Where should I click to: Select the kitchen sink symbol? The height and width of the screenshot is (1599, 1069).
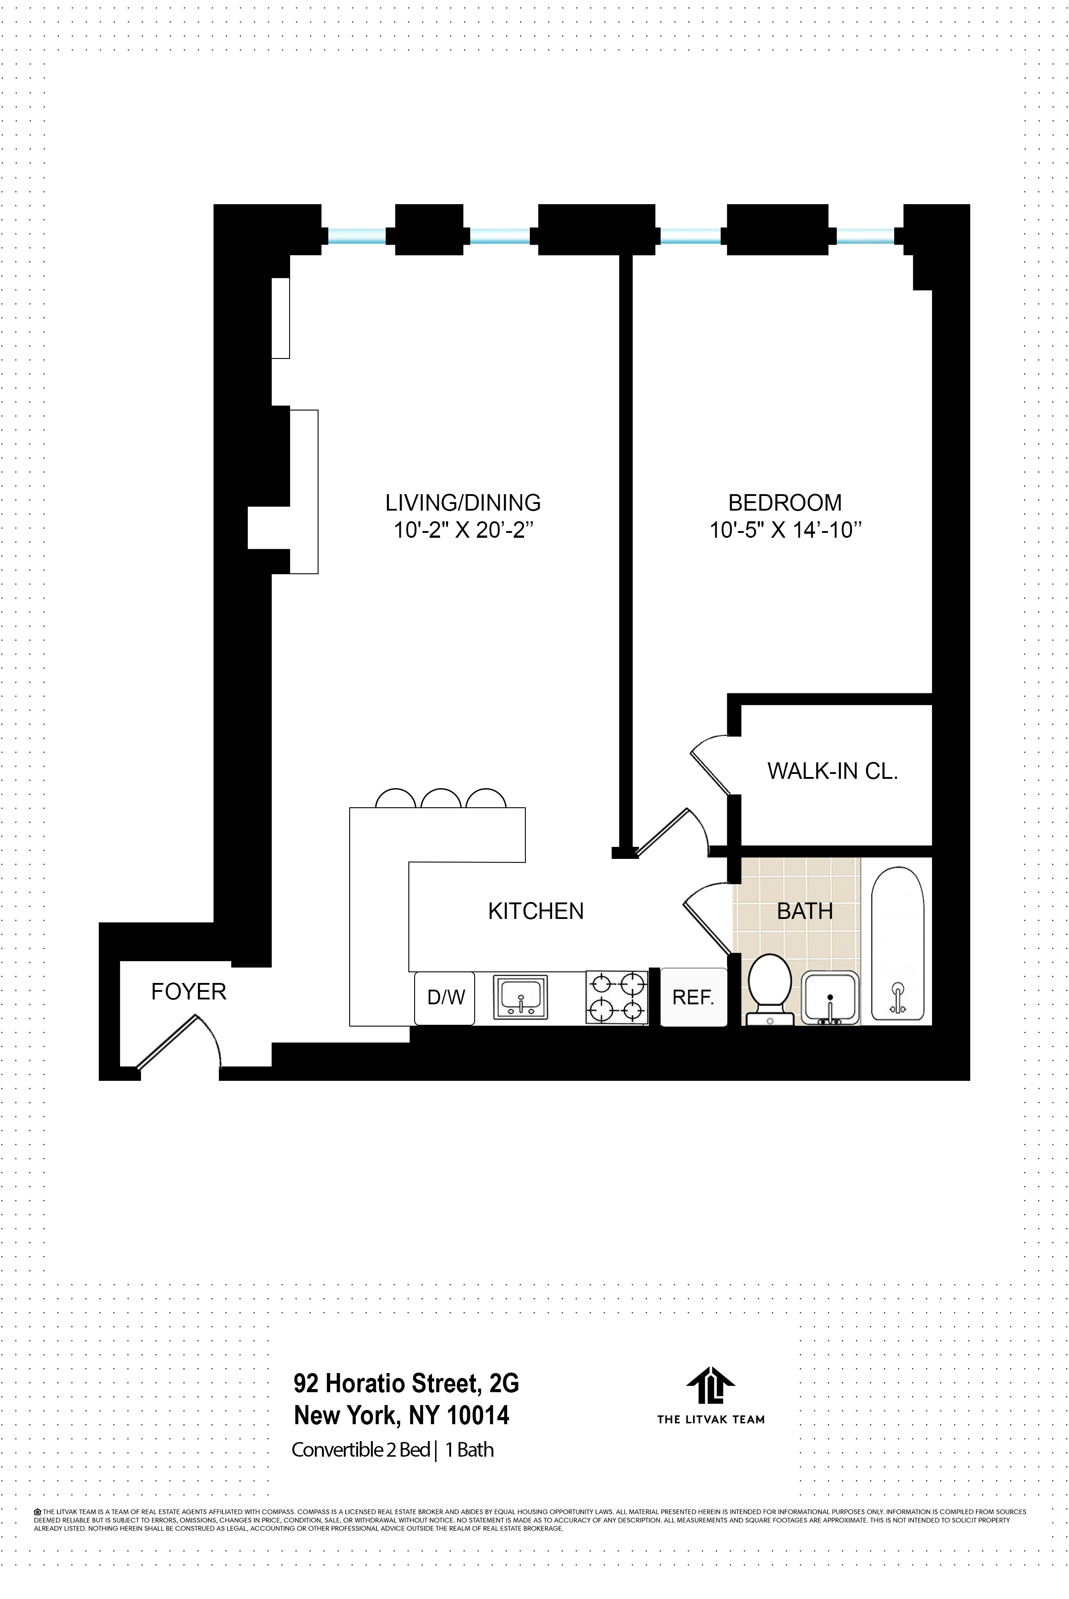pyautogui.click(x=520, y=997)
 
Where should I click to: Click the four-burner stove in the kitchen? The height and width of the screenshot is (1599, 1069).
pyautogui.click(x=616, y=998)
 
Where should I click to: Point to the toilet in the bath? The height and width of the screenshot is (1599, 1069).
pyautogui.click(x=770, y=987)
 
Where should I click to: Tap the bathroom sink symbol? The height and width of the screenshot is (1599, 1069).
pyautogui.click(x=830, y=998)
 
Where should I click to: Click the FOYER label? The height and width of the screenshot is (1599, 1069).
pyautogui.click(x=188, y=992)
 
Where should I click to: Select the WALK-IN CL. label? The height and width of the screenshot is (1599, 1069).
pyautogui.click(x=832, y=771)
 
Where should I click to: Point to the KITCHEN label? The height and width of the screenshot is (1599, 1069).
pyautogui.click(x=536, y=911)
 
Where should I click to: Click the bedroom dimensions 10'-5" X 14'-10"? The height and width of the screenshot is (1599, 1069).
pyautogui.click(x=785, y=530)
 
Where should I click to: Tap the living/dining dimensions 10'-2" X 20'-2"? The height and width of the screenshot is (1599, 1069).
pyautogui.click(x=463, y=530)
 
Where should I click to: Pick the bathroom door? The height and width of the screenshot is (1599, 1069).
pyautogui.click(x=708, y=918)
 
